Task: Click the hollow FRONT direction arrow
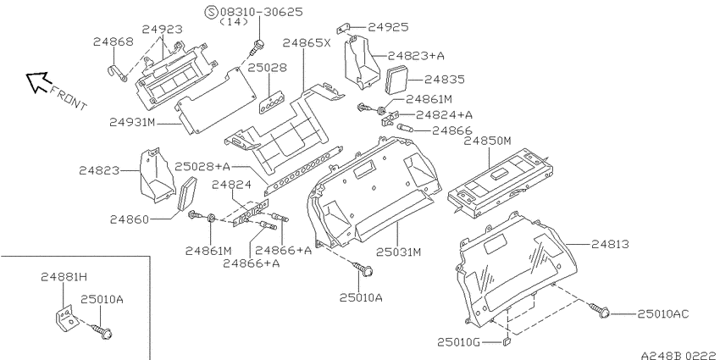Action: pos(37,81)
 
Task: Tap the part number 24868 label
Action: pos(114,42)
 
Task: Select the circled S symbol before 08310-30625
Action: pos(212,12)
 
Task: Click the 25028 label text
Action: pos(267,68)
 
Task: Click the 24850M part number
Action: pos(487,141)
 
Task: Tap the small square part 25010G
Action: pos(507,341)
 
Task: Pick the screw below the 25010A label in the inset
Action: pos(102,331)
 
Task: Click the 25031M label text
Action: pos(399,252)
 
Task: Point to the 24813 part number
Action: pos(610,245)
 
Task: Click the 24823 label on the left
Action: pos(99,171)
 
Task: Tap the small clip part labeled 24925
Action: pos(346,30)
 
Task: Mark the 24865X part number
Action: pos(307,42)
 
